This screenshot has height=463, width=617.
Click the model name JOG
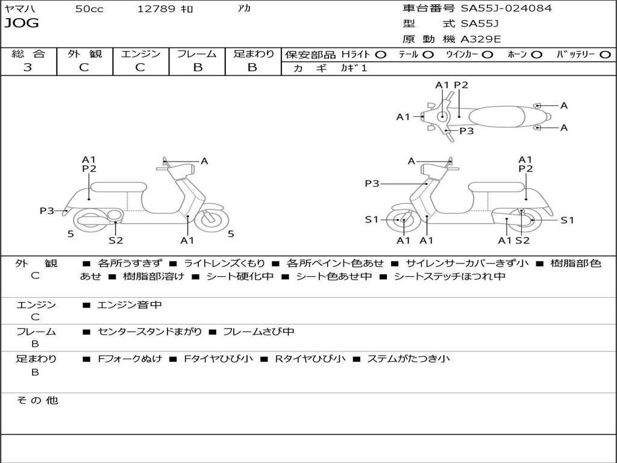click(x=22, y=24)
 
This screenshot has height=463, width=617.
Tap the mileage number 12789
click(x=157, y=9)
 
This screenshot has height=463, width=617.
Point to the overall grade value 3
click(x=28, y=68)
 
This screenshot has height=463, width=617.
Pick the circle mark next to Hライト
click(x=381, y=54)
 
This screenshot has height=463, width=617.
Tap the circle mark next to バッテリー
click(x=605, y=54)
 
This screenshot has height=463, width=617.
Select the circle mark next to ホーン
click(x=537, y=54)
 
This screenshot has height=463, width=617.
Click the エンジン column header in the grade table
click(x=141, y=54)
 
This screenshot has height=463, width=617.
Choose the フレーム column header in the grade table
click(x=197, y=54)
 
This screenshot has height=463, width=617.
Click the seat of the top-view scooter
click(x=499, y=115)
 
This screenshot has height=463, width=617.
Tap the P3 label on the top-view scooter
click(x=466, y=131)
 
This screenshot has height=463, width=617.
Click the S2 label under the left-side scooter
click(x=116, y=241)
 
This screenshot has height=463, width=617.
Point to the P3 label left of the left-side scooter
click(x=47, y=210)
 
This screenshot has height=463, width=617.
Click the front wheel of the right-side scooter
click(x=402, y=221)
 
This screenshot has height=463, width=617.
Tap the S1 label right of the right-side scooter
click(x=567, y=220)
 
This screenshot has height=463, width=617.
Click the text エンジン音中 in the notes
click(x=130, y=305)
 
